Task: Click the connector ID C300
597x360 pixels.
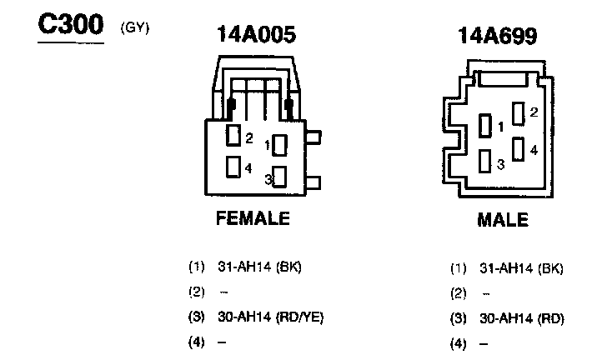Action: pyautogui.click(x=70, y=26)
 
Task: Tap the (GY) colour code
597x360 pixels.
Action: pyautogui.click(x=134, y=27)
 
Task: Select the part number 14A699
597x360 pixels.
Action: pyautogui.click(x=496, y=36)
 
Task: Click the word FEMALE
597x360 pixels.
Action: pyautogui.click(x=253, y=219)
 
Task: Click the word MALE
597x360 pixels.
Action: pyautogui.click(x=502, y=220)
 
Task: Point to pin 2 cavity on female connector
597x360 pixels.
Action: pyautogui.click(x=234, y=136)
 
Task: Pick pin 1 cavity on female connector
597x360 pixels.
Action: pyautogui.click(x=280, y=144)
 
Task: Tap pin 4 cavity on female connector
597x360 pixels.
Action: pyautogui.click(x=234, y=167)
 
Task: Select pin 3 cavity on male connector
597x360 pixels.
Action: pyautogui.click(x=485, y=161)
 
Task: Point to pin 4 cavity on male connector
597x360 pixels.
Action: pyautogui.click(x=519, y=150)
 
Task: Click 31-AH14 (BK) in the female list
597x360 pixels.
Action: pyautogui.click(x=258, y=267)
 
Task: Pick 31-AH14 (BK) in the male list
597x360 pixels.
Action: pyautogui.click(x=521, y=268)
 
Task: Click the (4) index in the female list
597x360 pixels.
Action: pyautogui.click(x=197, y=342)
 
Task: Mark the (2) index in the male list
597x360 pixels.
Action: pyautogui.click(x=459, y=293)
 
